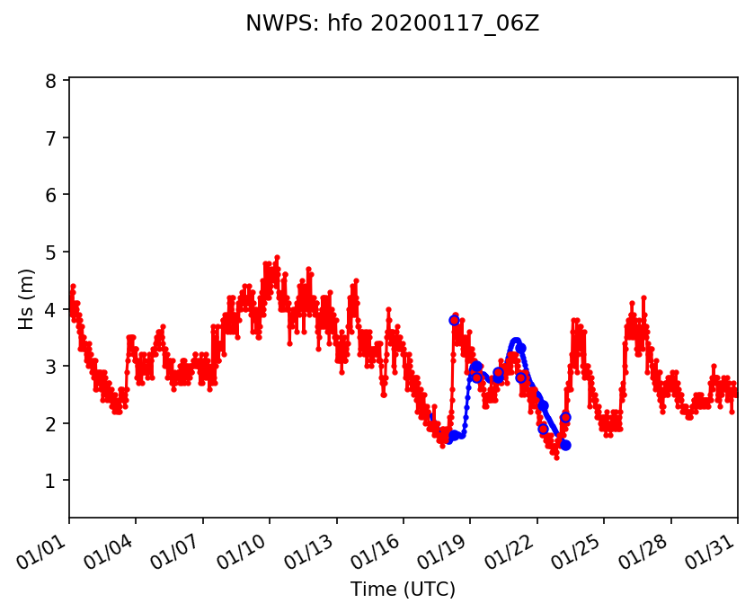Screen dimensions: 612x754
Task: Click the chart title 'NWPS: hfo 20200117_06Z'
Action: click(x=392, y=24)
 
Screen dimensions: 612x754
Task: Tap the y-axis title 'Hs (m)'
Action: click(x=27, y=298)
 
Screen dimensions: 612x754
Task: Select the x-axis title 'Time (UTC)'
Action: click(x=403, y=590)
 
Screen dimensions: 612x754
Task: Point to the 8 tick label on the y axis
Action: click(x=51, y=81)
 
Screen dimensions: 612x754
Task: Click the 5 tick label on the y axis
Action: click(x=51, y=252)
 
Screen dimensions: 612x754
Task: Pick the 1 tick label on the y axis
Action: click(x=51, y=480)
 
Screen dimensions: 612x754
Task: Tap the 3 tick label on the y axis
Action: click(x=51, y=366)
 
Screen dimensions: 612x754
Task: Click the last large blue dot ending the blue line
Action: click(x=565, y=445)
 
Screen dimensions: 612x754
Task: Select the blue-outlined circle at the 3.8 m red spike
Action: click(x=455, y=320)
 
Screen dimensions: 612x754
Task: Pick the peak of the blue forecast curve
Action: click(x=516, y=341)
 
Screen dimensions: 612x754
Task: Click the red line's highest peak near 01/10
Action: click(x=277, y=257)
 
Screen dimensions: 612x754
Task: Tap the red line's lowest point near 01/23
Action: click(x=556, y=457)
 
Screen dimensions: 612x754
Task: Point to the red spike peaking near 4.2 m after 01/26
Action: click(x=643, y=297)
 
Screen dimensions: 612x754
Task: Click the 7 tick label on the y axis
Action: click(x=51, y=137)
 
